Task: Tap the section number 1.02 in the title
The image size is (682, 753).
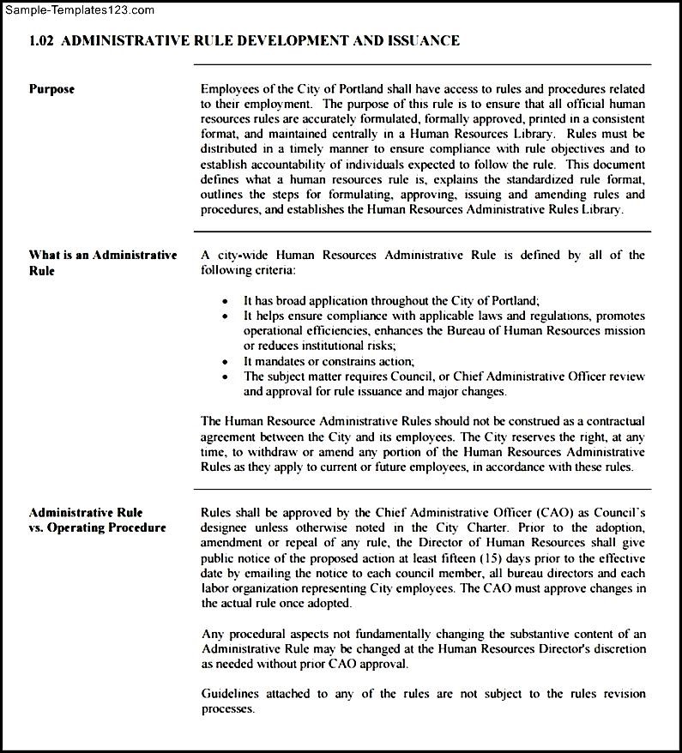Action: tap(42, 40)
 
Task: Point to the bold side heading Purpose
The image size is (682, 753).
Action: tap(52, 89)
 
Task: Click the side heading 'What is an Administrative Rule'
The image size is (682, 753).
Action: tap(103, 262)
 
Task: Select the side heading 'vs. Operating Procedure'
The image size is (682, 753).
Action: tap(97, 527)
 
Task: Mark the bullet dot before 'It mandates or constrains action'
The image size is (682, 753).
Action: tap(226, 362)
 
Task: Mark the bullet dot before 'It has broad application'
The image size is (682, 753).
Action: tap(226, 302)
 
